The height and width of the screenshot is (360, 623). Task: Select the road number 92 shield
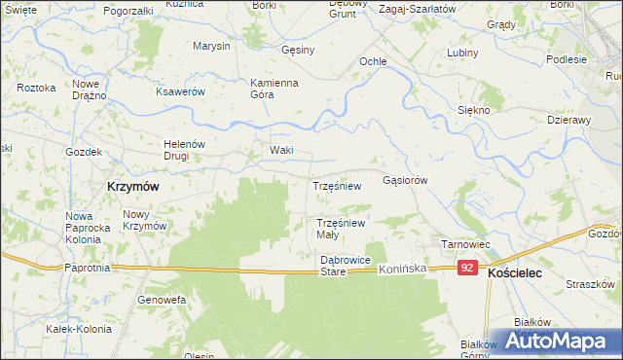coord(469,268)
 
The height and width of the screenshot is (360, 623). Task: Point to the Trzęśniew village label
coord(337,185)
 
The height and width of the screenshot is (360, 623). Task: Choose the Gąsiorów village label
coord(406,180)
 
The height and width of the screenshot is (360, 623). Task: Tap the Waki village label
coord(281,151)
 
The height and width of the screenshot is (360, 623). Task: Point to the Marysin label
coord(211,47)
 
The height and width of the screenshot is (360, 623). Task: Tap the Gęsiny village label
coord(298,51)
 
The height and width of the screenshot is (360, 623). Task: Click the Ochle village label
coord(374,61)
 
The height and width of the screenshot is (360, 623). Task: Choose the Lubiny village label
coord(463,54)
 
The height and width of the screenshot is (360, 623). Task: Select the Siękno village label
coord(474,111)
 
